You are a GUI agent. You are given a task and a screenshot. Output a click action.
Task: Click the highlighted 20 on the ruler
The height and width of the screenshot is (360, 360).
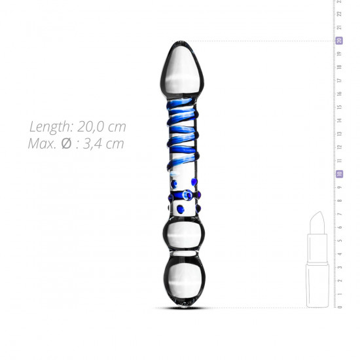tap(339, 41)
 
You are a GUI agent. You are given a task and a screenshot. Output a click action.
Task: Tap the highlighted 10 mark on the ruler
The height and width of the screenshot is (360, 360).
tap(339, 174)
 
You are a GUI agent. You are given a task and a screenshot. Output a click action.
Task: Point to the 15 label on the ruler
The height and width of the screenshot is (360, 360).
tap(339, 107)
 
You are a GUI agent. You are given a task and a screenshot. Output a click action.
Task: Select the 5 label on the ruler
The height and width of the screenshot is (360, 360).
tap(339, 240)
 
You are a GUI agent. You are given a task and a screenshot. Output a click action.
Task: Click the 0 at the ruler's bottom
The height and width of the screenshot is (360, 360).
tap(339, 307)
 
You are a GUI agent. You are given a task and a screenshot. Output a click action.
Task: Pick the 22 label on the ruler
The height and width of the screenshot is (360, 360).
tap(339, 14)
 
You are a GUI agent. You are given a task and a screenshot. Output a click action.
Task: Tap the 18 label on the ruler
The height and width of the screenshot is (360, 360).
tap(339, 67)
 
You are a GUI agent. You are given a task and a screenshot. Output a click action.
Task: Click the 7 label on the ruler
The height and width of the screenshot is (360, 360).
tap(339, 214)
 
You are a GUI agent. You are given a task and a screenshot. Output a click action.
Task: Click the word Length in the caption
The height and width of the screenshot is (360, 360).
tap(52, 127)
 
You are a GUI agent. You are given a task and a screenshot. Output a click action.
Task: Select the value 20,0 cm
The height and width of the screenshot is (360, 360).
tap(101, 127)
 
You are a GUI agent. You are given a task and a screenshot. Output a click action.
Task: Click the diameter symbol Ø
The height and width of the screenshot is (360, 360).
tap(67, 143)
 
